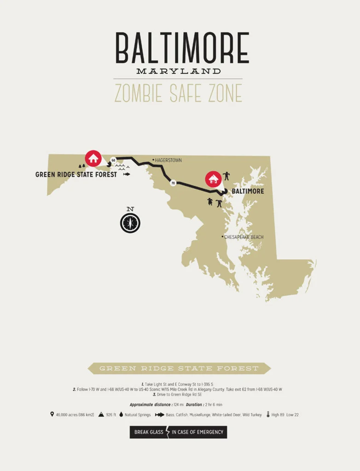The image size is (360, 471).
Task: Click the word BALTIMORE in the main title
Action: (x=182, y=48)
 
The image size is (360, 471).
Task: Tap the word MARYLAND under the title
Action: (x=179, y=71)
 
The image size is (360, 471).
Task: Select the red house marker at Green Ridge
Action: (x=93, y=159)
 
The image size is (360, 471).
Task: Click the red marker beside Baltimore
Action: (x=213, y=179)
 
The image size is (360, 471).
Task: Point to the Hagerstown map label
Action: (x=168, y=160)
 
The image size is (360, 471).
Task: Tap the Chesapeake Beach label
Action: (x=244, y=237)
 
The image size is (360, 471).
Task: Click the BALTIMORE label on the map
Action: (x=248, y=191)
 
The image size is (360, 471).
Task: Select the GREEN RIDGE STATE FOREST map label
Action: (x=76, y=175)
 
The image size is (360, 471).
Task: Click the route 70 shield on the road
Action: (x=173, y=183)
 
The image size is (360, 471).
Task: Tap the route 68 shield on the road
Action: (x=113, y=160)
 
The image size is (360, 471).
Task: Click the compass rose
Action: (x=130, y=223)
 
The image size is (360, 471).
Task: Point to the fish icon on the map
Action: (x=127, y=174)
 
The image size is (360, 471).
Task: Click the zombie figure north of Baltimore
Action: (x=226, y=176)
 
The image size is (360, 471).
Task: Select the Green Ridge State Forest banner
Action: (x=179, y=368)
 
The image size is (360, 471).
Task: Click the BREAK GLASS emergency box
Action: (x=178, y=432)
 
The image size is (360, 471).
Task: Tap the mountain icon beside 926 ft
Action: (x=101, y=414)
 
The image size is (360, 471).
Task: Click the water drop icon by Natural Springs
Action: (x=121, y=414)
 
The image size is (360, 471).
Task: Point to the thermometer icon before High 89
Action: (x=268, y=414)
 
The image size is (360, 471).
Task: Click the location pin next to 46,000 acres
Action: (x=52, y=414)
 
